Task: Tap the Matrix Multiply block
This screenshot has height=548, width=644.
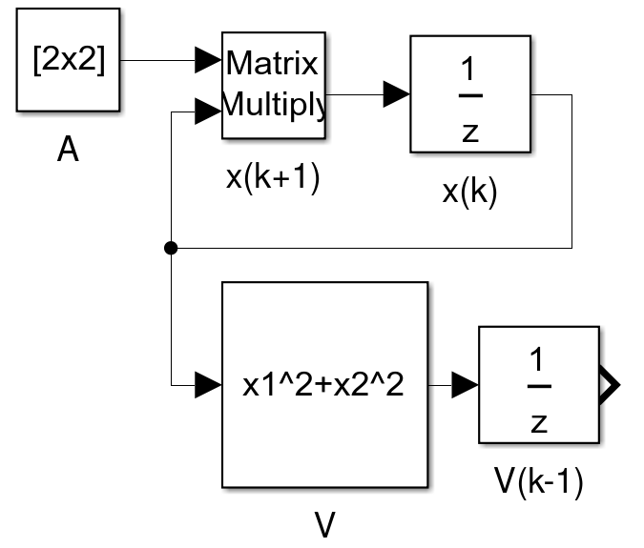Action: [x=274, y=85]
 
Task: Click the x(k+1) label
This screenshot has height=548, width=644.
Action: [x=273, y=177]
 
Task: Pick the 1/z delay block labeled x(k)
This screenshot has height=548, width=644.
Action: [x=470, y=93]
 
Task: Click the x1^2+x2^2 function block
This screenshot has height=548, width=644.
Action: [x=324, y=385]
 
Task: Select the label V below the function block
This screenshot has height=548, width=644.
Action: [x=325, y=524]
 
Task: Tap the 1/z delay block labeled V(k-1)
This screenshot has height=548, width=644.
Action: [x=539, y=385]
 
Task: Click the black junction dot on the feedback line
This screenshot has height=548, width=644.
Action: [x=171, y=248]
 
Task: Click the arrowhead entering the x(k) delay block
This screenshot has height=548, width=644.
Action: [x=396, y=93]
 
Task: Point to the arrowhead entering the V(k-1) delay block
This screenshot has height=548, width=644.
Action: [x=465, y=385]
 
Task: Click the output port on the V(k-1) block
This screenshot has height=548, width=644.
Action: [x=609, y=385]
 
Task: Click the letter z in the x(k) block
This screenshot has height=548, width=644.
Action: [x=470, y=132]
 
